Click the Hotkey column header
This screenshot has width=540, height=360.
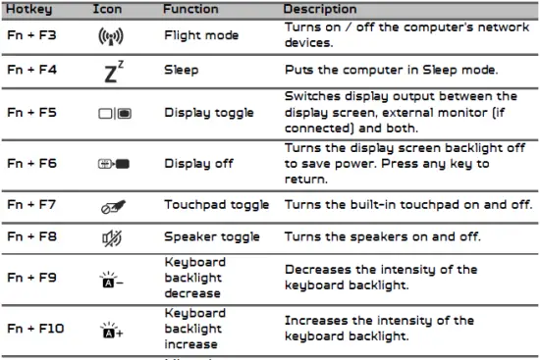(x=30, y=9)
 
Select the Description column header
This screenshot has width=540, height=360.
(x=319, y=9)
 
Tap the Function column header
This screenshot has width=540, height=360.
(x=191, y=9)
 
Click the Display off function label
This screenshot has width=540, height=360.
(x=198, y=163)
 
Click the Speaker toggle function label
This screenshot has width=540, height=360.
(x=212, y=236)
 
